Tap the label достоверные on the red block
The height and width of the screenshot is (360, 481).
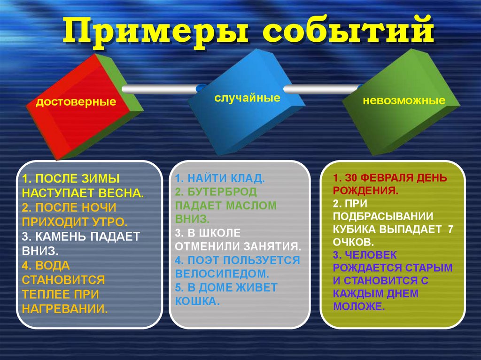coord(76,101)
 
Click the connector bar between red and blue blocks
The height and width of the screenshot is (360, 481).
coord(160,88)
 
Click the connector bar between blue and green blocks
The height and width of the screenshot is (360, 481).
coord(321,89)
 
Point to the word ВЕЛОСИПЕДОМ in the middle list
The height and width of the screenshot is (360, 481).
coord(222,273)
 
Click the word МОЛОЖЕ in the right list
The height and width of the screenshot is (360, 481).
coord(359,306)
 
